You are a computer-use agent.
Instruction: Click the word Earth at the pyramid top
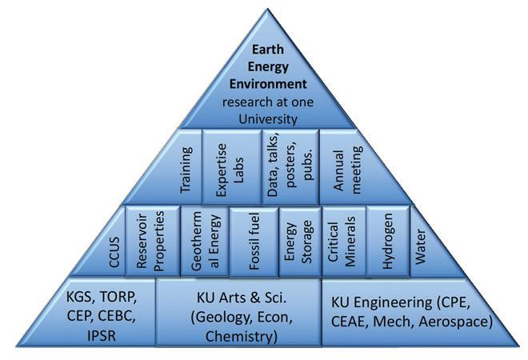point(268,50)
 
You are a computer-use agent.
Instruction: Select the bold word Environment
point(268,84)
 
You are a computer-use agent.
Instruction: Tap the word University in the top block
point(268,119)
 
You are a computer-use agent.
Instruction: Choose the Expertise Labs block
point(231,167)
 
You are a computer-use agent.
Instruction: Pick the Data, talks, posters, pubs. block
point(290,167)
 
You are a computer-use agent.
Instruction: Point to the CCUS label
point(114,252)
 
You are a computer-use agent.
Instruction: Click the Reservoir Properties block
point(153,241)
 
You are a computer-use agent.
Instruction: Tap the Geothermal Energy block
point(205,241)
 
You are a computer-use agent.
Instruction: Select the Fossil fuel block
point(254,241)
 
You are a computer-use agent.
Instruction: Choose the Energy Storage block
point(300,241)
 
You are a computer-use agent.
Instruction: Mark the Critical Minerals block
point(344,241)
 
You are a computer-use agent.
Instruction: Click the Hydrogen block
point(388,241)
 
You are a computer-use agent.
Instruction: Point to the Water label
point(420,246)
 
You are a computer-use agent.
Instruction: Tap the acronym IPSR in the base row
point(102,335)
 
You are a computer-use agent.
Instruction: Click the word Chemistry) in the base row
point(241,336)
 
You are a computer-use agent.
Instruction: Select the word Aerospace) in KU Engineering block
point(456,322)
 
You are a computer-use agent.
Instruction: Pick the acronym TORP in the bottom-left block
point(118,297)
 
